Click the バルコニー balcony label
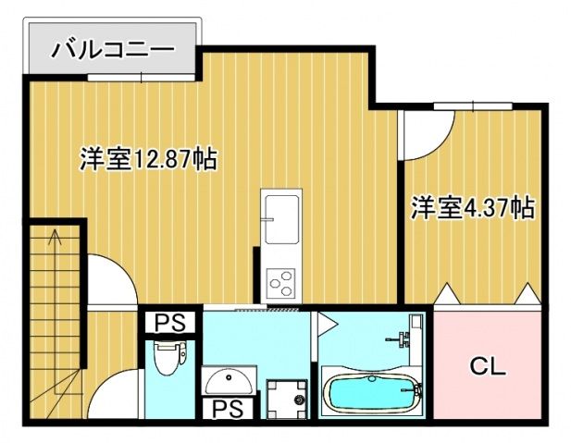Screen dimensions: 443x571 pos(111,48)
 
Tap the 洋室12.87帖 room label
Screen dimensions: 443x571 pos(148,159)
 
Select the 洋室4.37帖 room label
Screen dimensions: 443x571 pos(473,208)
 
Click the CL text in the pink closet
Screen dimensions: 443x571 pos(487,366)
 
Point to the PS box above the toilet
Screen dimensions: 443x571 pos(168,323)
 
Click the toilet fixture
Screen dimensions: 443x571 pos(167,358)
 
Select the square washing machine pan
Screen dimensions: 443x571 pos(286,398)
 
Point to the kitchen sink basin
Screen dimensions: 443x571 pos(280,212)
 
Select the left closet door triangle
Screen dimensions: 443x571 pos(446,293)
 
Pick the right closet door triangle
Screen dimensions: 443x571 pos(528,293)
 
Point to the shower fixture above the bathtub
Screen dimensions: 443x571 pos(407,338)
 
